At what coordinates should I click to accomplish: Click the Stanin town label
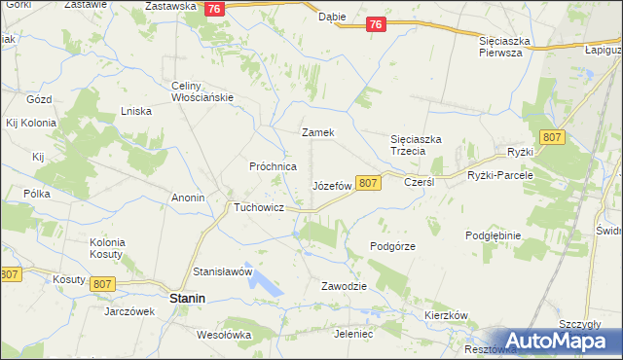(x=186, y=300)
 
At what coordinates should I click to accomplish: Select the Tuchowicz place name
(x=258, y=208)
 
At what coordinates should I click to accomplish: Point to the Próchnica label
(x=273, y=166)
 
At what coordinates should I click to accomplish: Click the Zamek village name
(x=318, y=132)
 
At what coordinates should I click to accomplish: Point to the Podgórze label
(x=393, y=246)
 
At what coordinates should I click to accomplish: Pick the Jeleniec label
(x=353, y=334)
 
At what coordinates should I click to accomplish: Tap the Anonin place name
(x=188, y=198)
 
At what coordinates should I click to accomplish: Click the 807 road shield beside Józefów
(x=367, y=183)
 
